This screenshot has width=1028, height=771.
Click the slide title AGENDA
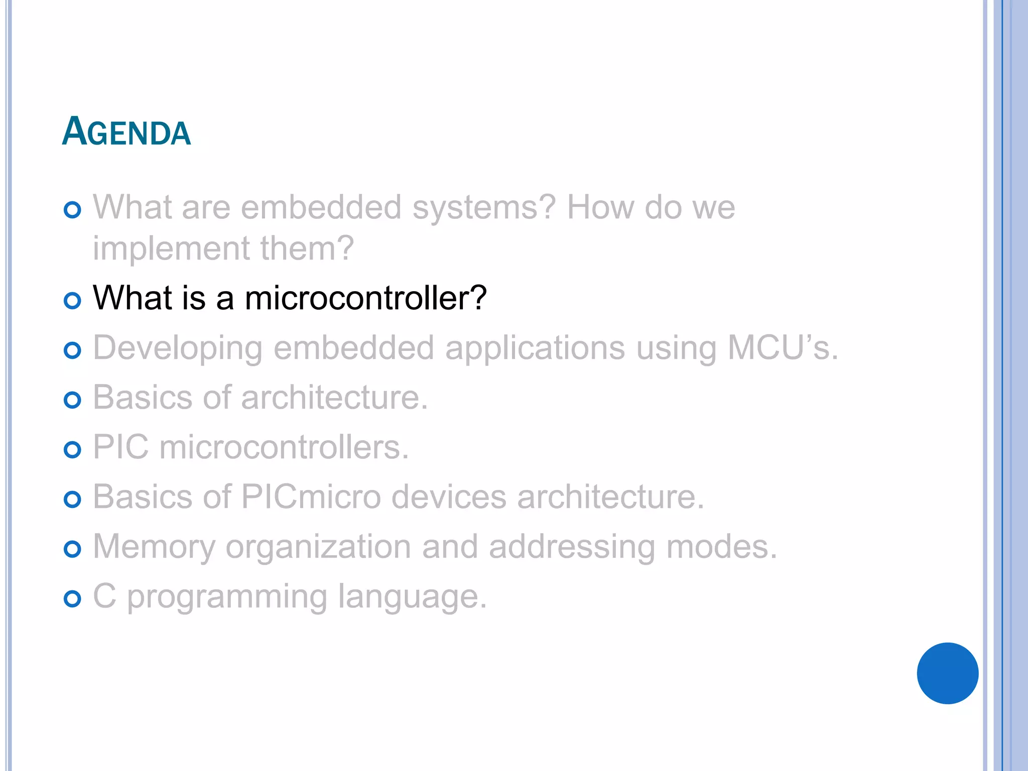click(126, 132)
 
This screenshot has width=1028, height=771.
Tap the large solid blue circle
click(947, 673)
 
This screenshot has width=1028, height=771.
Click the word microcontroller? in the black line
click(365, 298)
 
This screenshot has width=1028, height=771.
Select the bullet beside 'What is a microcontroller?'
click(73, 301)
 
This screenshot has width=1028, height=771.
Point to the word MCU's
click(783, 347)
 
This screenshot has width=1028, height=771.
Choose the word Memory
click(154, 547)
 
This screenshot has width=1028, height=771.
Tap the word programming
click(227, 597)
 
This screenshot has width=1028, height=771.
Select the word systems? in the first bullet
click(484, 208)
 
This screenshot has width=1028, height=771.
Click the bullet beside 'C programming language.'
click(73, 598)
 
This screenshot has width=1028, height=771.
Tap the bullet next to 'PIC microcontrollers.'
click(73, 449)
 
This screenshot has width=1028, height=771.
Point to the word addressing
click(572, 547)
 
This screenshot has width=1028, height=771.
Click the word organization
click(318, 547)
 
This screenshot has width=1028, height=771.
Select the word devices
click(449, 497)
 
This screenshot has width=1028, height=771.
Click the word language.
click(412, 597)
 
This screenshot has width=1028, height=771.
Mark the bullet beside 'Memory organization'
click(73, 549)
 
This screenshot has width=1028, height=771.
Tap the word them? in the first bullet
click(307, 248)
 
